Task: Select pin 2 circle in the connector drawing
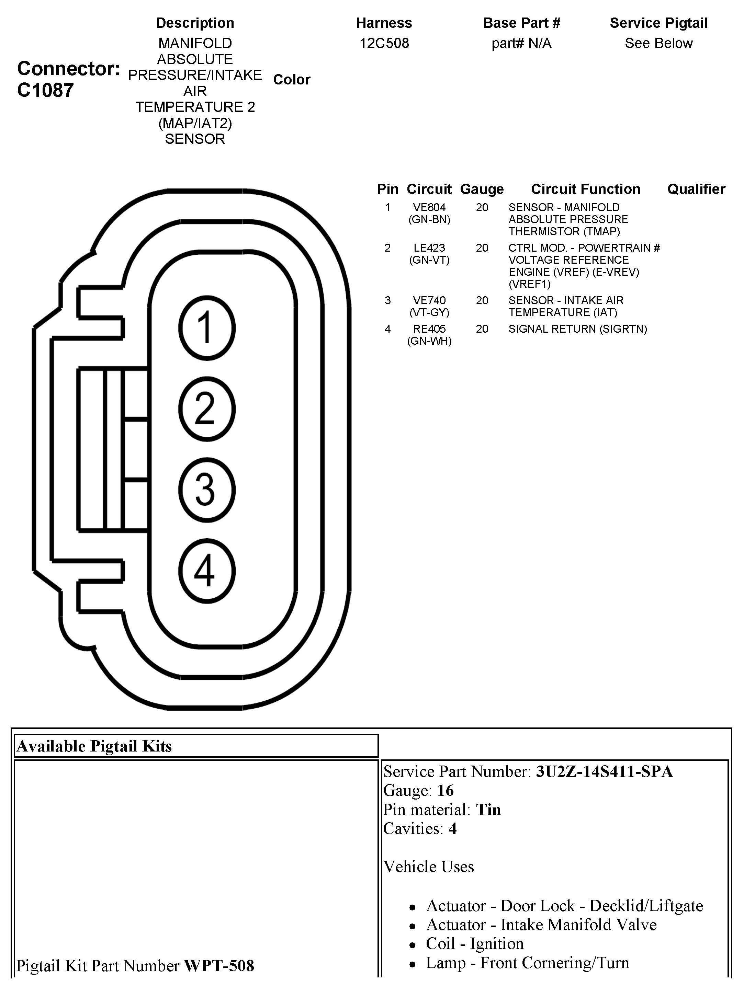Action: tap(207, 409)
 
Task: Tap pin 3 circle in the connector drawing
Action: tap(207, 490)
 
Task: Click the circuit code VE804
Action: tap(429, 207)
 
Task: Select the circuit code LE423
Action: tap(429, 248)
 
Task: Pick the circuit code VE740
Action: tap(429, 301)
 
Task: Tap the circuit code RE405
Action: tap(429, 329)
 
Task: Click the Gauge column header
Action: tap(482, 189)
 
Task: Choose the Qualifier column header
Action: tap(696, 189)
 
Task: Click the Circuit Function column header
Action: tap(586, 189)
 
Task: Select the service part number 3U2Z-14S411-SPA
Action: tap(604, 771)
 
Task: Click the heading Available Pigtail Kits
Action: tap(94, 746)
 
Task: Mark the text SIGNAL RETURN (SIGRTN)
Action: tap(577, 329)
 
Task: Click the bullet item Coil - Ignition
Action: tap(474, 944)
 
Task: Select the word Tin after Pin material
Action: tap(488, 810)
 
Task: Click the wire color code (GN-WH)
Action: tap(429, 341)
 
